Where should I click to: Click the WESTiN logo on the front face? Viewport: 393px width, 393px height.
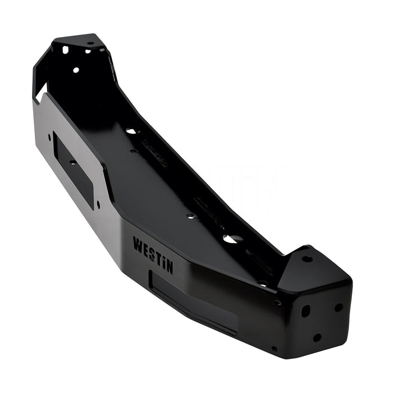pyautogui.click(x=153, y=255)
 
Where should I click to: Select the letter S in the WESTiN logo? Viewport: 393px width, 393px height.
pyautogui.click(x=152, y=254)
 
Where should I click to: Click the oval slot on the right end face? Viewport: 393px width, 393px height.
pyautogui.click(x=305, y=310)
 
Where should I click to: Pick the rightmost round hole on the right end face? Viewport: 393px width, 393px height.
pyautogui.click(x=339, y=307)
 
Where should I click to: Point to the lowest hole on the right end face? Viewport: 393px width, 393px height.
pyautogui.click(x=317, y=337)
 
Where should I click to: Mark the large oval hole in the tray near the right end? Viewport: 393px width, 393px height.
pyautogui.click(x=230, y=239)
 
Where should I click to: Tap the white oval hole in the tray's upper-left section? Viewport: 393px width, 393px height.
pyautogui.click(x=131, y=131)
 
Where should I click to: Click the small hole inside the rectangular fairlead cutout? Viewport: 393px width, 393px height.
pyautogui.click(x=72, y=162)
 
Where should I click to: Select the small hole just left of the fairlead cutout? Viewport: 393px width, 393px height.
pyautogui.click(x=49, y=136)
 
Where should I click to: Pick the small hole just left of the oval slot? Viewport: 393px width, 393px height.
pyautogui.click(x=277, y=303)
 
